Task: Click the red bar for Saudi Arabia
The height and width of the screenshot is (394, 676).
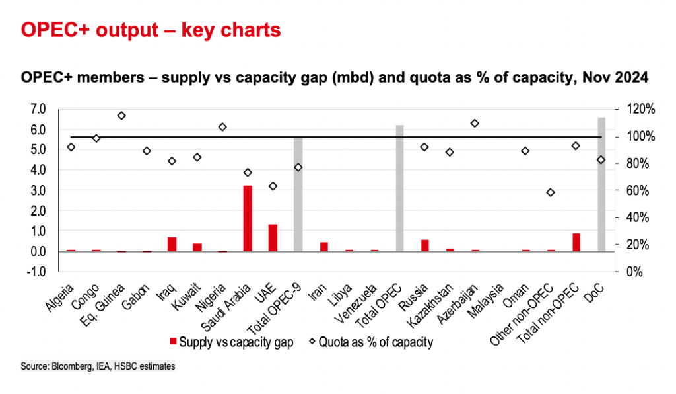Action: tap(248, 218)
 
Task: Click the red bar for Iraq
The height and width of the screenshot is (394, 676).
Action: tap(172, 244)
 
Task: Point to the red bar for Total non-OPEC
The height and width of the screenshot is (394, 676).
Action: tap(576, 242)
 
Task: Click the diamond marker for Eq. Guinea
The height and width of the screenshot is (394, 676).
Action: tap(121, 116)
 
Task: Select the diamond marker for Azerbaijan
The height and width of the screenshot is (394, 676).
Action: tap(475, 123)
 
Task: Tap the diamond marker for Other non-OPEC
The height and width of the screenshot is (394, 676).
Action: tap(551, 193)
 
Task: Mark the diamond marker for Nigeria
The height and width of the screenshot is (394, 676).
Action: tap(222, 127)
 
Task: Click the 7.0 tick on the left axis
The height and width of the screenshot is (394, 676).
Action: tap(38, 109)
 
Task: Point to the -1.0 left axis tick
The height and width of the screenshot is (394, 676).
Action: tap(37, 272)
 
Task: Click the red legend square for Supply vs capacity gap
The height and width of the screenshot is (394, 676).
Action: tap(174, 341)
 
